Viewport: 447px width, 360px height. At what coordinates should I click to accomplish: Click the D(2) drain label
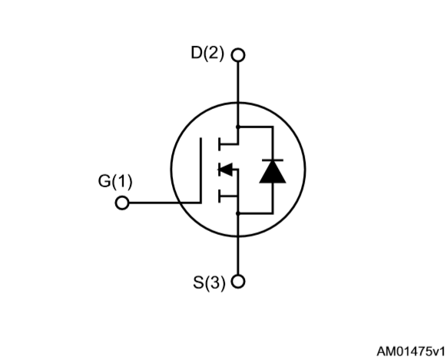click(207, 53)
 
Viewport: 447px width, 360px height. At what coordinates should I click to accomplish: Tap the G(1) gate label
click(115, 181)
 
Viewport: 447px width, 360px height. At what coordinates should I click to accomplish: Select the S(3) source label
click(209, 282)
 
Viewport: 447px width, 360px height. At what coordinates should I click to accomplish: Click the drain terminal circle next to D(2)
click(238, 55)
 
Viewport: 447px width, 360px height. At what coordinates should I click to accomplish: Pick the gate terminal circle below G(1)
click(122, 203)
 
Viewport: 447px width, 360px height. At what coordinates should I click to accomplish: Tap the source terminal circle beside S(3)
click(238, 282)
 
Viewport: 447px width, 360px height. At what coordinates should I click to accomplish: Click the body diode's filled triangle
click(273, 172)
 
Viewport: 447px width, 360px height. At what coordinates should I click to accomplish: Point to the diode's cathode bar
click(273, 160)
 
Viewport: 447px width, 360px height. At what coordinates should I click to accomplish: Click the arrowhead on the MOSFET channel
click(225, 170)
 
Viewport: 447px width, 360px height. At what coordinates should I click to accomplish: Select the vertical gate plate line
click(201, 170)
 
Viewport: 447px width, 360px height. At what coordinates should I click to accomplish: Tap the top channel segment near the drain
click(219, 144)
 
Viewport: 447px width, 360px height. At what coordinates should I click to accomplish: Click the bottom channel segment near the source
click(219, 197)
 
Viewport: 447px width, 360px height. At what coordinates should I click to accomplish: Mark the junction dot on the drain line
click(238, 127)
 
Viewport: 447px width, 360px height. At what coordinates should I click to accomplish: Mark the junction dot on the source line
click(238, 213)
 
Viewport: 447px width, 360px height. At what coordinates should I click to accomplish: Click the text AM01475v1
click(410, 352)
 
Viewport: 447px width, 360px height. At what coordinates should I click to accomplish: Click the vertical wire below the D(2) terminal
click(238, 94)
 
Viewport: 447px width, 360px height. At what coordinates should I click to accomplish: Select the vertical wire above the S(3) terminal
click(238, 244)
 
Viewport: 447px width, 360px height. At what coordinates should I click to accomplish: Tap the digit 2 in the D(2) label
click(214, 53)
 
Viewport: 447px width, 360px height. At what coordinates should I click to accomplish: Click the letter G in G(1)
click(104, 181)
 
